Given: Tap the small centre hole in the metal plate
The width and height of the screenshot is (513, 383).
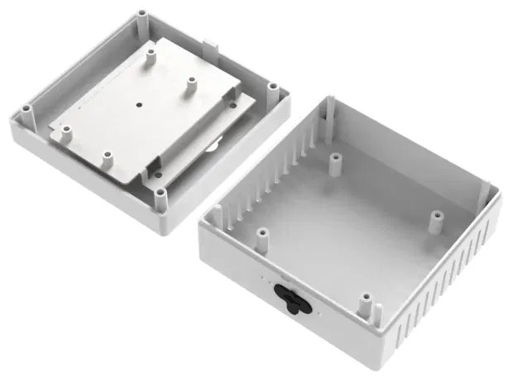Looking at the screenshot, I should [139, 105].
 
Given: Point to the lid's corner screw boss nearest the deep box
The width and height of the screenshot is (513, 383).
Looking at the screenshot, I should [272, 86].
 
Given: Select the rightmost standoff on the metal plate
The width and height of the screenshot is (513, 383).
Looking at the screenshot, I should [190, 83].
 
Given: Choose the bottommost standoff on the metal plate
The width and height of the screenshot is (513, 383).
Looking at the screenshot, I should [106, 156].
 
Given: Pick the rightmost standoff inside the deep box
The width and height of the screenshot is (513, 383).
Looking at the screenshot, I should [435, 217].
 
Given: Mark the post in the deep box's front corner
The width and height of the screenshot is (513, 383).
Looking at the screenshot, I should [379, 313].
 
